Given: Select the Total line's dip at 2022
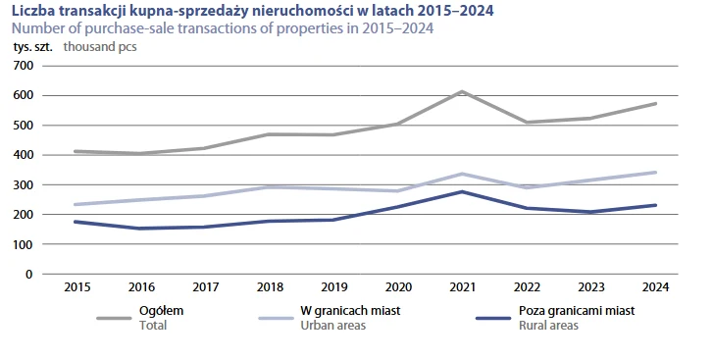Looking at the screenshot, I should click(526, 123).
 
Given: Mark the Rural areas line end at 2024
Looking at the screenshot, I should click(655, 205).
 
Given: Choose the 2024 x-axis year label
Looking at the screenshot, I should click(655, 288).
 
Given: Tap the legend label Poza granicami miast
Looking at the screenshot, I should click(576, 311).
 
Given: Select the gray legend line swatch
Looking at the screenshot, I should click(116, 318).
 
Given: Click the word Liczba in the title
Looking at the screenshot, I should click(30, 11).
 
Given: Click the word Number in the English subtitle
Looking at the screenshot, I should click(36, 27).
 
